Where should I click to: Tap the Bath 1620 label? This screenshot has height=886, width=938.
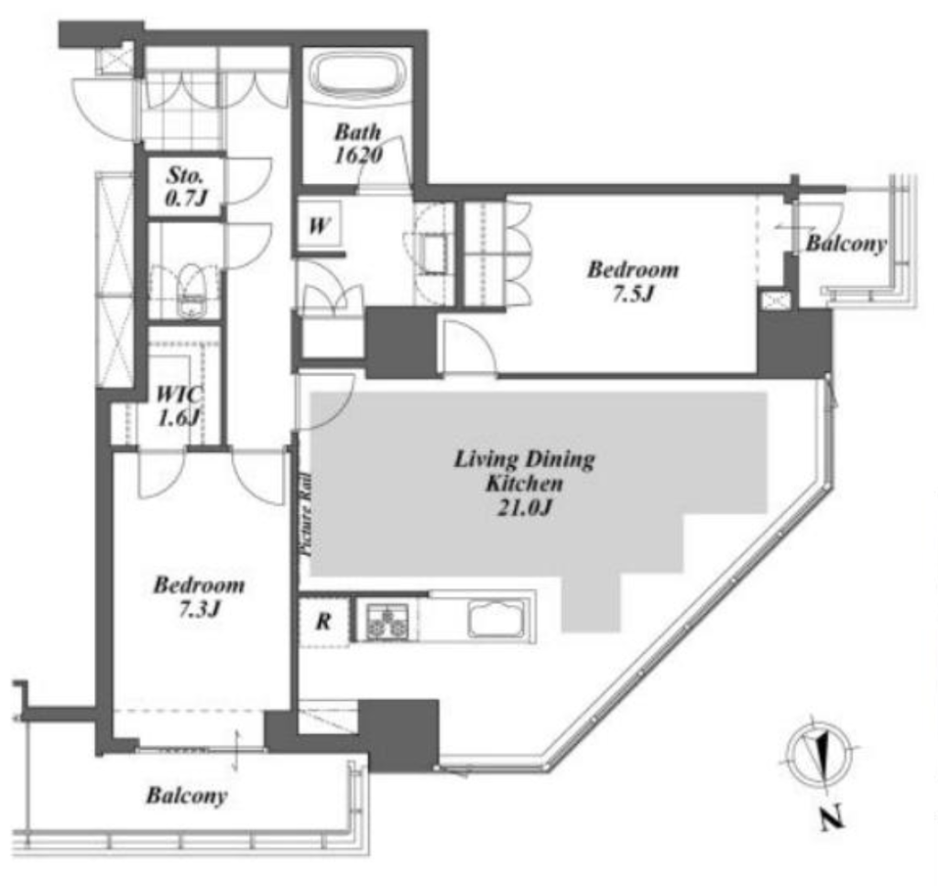(x=358, y=144)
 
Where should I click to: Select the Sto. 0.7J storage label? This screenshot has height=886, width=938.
(x=185, y=187)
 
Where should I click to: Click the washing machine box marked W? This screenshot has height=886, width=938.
(x=319, y=225)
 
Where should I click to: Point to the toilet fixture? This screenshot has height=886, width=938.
(x=191, y=290)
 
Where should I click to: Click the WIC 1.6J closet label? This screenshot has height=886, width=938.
(x=179, y=406)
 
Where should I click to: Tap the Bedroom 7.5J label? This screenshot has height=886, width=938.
(x=633, y=281)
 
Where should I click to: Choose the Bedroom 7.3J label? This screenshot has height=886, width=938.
(x=199, y=596)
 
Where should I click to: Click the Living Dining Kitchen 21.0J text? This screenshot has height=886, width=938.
(x=525, y=482)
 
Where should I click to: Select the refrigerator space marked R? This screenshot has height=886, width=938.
(x=323, y=621)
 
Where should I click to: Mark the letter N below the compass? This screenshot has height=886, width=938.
(x=831, y=817)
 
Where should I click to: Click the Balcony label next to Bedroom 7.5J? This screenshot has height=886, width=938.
(x=845, y=244)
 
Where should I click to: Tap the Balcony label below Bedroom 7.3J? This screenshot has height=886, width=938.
(x=187, y=795)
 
